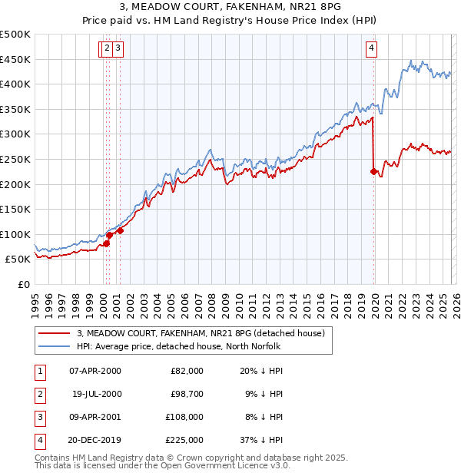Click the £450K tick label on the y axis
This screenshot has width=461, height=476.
coord(15,59)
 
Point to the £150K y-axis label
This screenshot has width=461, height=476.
coord(15,209)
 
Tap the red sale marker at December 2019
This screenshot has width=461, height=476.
coord(373,172)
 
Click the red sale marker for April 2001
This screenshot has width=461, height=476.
coord(121,230)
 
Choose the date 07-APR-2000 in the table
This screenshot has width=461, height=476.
coord(95,371)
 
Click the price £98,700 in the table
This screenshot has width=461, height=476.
coord(184,393)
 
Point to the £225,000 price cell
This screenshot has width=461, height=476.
coord(184,440)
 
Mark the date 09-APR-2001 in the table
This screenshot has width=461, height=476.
coord(95,417)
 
